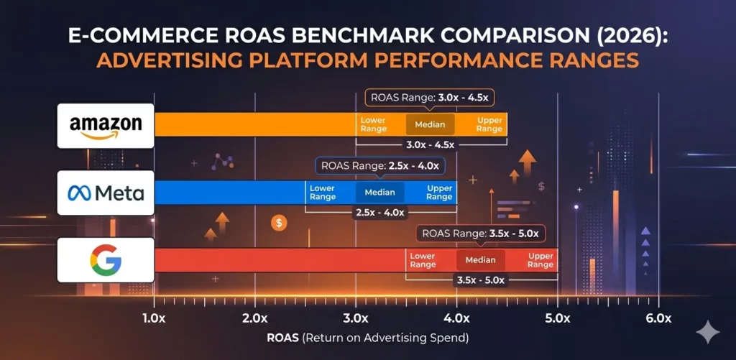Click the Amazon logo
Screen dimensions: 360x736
click(x=106, y=126)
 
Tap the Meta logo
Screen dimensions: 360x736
click(x=106, y=193)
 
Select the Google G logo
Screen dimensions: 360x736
click(x=106, y=259)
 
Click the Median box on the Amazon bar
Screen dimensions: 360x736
click(x=431, y=124)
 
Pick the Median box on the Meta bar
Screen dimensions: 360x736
click(x=379, y=192)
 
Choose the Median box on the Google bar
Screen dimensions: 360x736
click(x=481, y=259)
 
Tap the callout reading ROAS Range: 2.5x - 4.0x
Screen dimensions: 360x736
click(x=379, y=165)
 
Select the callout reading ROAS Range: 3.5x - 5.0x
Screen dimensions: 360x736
click(x=481, y=233)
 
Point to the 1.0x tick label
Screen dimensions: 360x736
click(x=155, y=318)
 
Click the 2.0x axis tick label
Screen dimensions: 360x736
click(x=255, y=318)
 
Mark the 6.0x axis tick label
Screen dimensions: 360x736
click(x=658, y=318)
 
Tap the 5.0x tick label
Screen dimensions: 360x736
click(x=557, y=318)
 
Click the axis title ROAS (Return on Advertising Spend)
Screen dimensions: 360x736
click(x=367, y=337)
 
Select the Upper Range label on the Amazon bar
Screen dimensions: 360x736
click(x=489, y=124)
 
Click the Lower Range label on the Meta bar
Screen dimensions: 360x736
click(x=323, y=192)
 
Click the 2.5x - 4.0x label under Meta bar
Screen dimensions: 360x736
click(x=380, y=213)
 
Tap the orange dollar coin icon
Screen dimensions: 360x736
click(x=280, y=223)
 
